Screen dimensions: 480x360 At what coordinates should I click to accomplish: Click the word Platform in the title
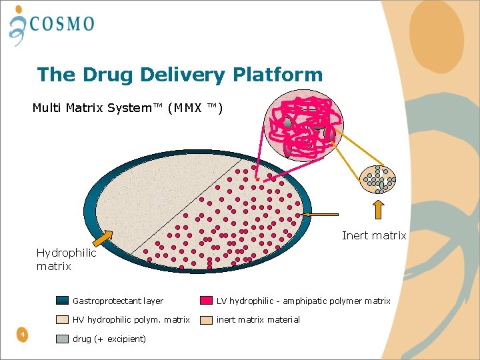point(277,75)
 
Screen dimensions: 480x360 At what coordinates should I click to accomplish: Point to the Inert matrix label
point(373,235)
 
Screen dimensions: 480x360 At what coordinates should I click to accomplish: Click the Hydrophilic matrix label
point(66,259)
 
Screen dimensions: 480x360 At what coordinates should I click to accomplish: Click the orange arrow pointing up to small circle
point(378,208)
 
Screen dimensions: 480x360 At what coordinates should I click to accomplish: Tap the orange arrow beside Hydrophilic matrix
point(101,237)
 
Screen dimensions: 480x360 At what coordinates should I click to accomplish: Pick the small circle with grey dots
point(378,179)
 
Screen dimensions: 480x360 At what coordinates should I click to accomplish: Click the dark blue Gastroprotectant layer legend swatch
point(63,301)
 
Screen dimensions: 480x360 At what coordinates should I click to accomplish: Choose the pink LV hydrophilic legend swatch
point(207,301)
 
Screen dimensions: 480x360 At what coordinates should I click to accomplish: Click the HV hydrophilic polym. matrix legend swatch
point(63,319)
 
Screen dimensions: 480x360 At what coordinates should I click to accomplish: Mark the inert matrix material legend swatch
point(207,319)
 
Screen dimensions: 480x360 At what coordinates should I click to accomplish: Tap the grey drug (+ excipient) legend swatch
point(63,339)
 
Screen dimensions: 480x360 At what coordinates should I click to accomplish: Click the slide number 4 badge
point(23,334)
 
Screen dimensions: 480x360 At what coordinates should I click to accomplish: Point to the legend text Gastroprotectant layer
point(118,301)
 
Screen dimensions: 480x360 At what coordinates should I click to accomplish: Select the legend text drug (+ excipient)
point(109,339)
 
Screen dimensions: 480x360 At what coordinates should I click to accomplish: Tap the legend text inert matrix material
point(258,319)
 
